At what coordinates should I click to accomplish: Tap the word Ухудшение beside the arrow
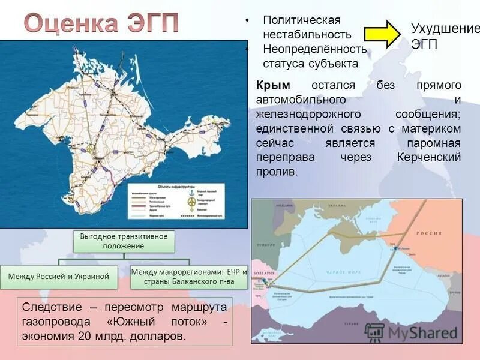445,29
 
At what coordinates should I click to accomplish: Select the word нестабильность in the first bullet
307,35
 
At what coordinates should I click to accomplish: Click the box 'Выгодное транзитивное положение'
124,241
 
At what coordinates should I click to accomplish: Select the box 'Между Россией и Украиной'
58,276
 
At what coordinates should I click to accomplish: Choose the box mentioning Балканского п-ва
189,276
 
